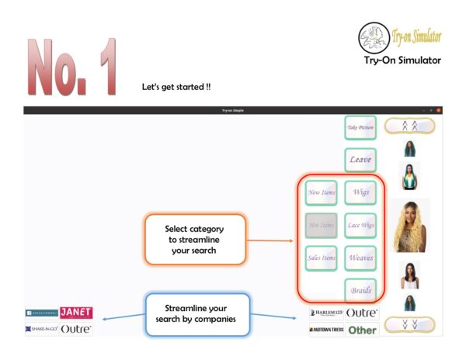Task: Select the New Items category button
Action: (x=320, y=192)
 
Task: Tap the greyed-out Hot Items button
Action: (x=320, y=225)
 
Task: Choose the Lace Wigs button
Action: (x=360, y=225)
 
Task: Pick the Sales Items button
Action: (x=320, y=258)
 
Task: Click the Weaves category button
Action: (x=360, y=258)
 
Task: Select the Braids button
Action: (x=360, y=290)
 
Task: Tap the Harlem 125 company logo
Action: (x=326, y=313)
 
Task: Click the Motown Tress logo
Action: (x=326, y=330)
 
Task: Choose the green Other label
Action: (x=362, y=330)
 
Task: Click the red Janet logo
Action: (x=76, y=313)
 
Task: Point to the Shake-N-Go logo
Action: (x=41, y=329)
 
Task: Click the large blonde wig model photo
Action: (x=412, y=226)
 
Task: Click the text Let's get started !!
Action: (x=177, y=86)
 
